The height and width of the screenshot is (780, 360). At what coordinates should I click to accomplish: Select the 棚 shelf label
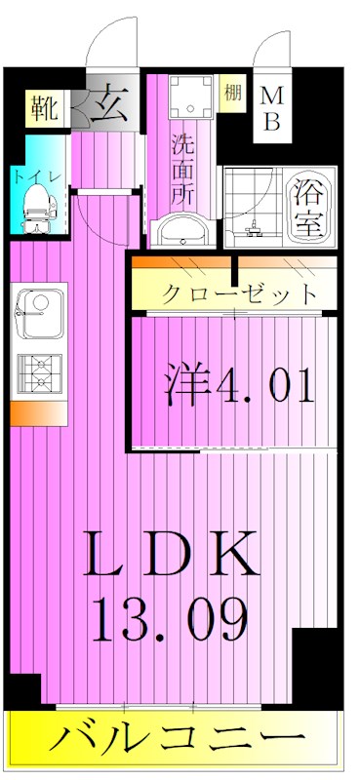[x=231, y=95]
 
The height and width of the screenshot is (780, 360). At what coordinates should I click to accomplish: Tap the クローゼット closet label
[x=237, y=292]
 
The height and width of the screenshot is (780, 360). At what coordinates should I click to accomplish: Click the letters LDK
[x=173, y=557]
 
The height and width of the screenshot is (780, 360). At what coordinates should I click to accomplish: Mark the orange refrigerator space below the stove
[x=37, y=413]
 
